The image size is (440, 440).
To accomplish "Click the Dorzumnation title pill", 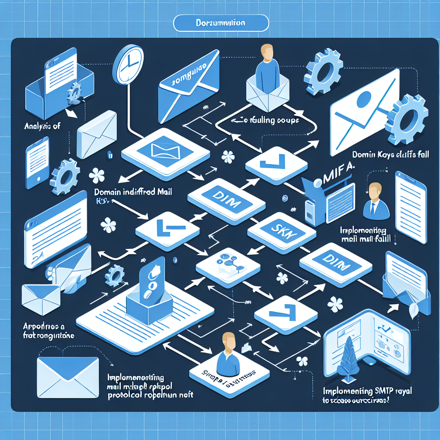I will [x=220, y=23].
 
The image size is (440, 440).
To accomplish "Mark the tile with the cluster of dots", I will [x=228, y=262].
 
